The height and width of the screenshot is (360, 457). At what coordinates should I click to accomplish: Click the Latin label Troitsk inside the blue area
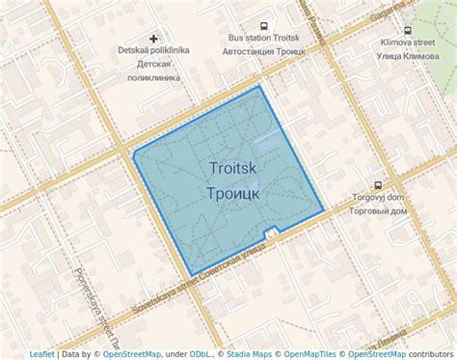point(232,168)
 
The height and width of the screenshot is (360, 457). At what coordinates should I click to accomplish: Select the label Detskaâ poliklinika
point(153,50)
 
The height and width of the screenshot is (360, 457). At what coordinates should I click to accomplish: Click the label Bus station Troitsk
point(264,38)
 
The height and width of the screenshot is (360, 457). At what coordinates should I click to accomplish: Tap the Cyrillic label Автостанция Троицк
point(264,51)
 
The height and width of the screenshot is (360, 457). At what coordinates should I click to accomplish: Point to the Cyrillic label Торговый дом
point(378,210)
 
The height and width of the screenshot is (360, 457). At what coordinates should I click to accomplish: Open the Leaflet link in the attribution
point(42,354)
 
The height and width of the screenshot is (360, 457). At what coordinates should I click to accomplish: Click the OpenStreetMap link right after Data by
point(132,354)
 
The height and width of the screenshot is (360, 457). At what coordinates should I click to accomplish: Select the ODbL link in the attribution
point(201,354)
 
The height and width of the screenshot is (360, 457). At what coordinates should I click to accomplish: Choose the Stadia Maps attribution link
point(250,354)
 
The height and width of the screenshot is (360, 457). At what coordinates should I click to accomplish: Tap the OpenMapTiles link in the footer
point(311,354)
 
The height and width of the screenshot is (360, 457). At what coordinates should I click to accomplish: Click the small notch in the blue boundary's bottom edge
point(274,231)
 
